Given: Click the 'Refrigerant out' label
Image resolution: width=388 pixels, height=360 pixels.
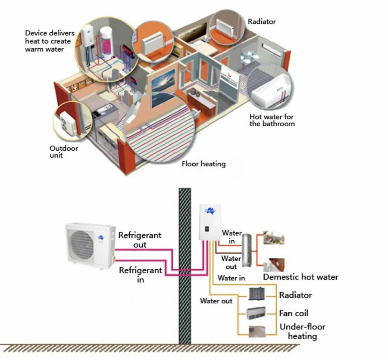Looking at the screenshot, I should [x=140, y=240].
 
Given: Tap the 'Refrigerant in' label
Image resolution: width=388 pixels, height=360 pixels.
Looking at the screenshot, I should [x=141, y=275].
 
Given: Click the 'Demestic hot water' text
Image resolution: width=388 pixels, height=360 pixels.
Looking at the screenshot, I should [x=300, y=277].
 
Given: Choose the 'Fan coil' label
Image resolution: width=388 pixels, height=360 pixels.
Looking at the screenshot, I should [x=294, y=313].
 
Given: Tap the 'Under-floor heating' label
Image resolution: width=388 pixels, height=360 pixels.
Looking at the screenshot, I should [x=302, y=331].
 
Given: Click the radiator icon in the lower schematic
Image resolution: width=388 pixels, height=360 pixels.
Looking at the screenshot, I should [x=257, y=295].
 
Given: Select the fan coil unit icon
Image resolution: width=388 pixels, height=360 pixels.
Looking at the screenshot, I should [x=257, y=313].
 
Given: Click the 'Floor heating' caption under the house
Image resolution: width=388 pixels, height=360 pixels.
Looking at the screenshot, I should [x=203, y=164].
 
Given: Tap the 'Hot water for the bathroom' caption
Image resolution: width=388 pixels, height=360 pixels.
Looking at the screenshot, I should [x=272, y=120].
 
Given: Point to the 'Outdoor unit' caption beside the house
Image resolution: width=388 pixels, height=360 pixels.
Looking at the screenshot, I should [x=63, y=152].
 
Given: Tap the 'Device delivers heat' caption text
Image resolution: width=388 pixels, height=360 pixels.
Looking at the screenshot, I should [x=50, y=41].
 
